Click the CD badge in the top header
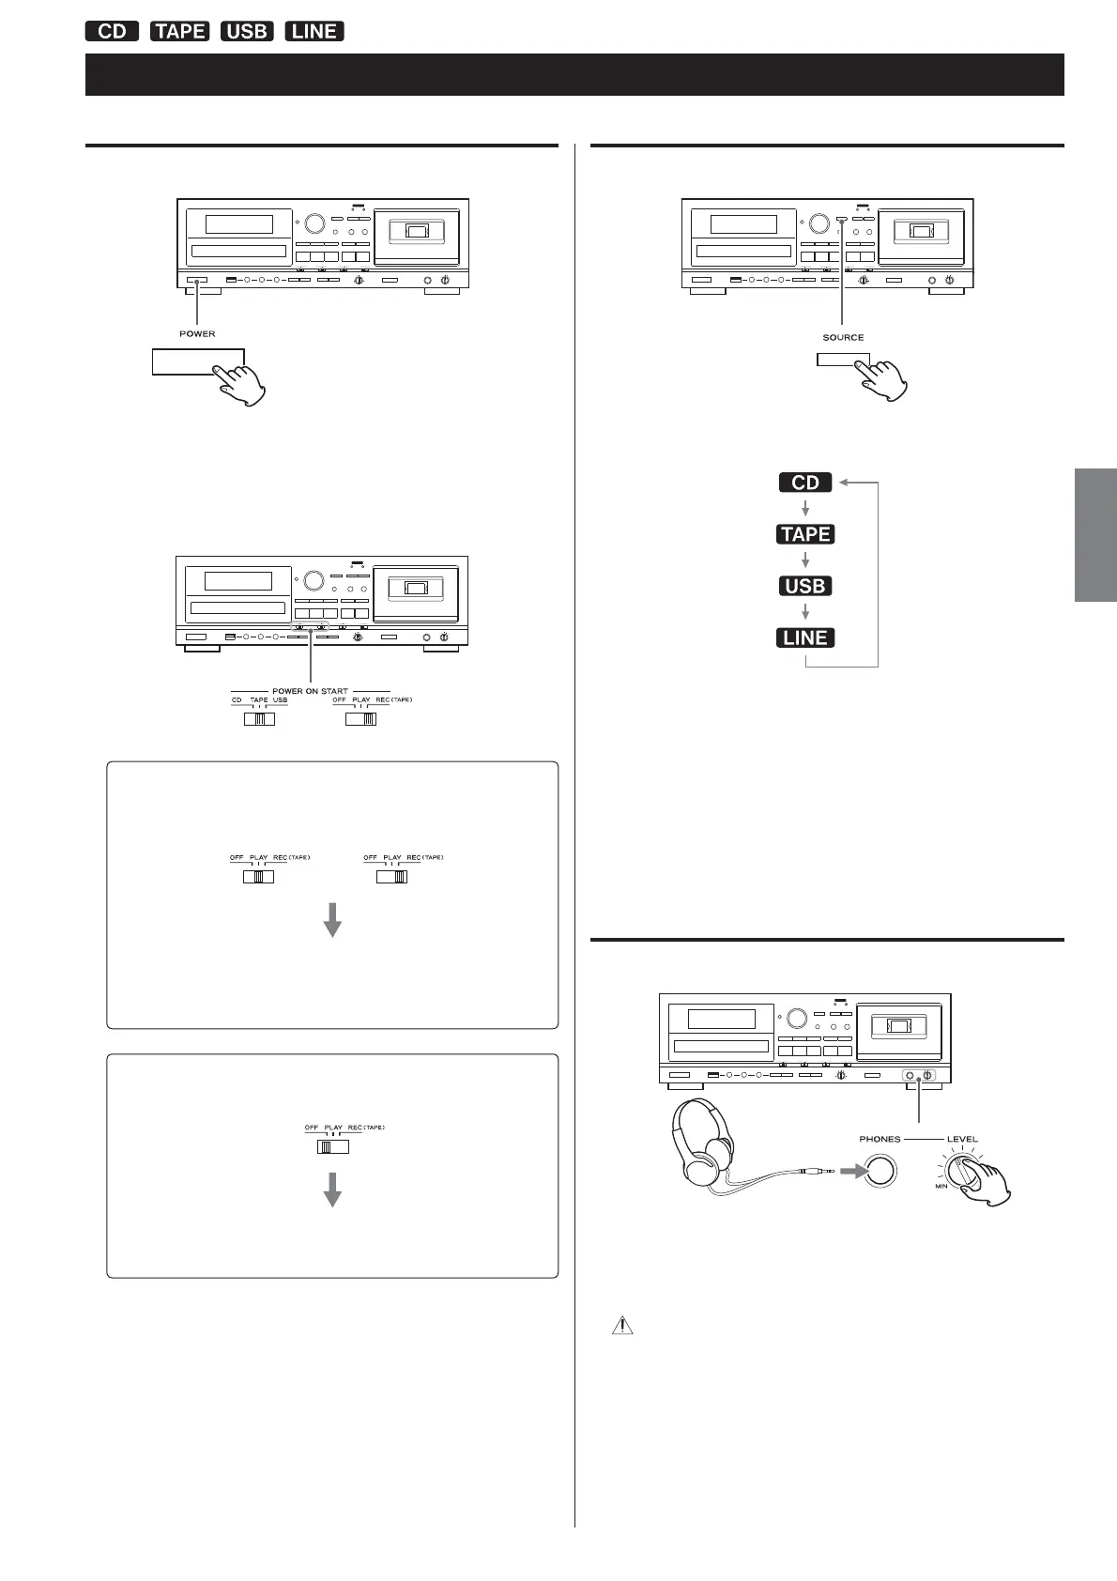pyautogui.click(x=112, y=31)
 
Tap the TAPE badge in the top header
pyautogui.click(x=179, y=31)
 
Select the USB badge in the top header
pyautogui.click(x=246, y=31)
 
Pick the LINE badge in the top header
pyautogui.click(x=314, y=31)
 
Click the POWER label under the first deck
pyautogui.click(x=197, y=333)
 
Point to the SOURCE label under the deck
pyautogui.click(x=843, y=337)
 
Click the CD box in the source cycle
pyautogui.click(x=805, y=483)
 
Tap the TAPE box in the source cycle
pyautogui.click(x=805, y=534)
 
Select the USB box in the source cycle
pyautogui.click(x=805, y=586)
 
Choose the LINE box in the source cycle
pyautogui.click(x=805, y=637)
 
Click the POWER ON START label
pyautogui.click(x=310, y=691)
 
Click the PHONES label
pyautogui.click(x=880, y=1139)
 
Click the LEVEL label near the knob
pyautogui.click(x=962, y=1139)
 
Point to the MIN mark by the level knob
pyautogui.click(x=941, y=1187)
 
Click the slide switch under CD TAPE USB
pyautogui.click(x=259, y=719)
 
